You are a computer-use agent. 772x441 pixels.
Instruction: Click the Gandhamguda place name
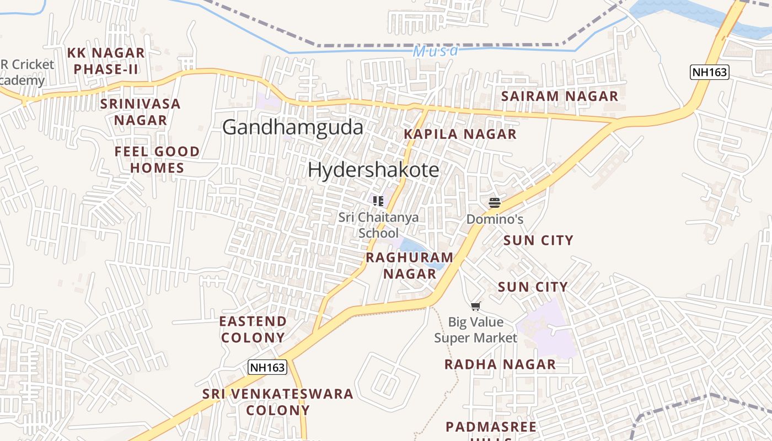tap(293, 127)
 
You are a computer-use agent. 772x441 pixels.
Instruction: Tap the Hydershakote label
tap(373, 170)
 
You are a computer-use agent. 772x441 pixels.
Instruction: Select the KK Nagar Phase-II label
tap(106, 61)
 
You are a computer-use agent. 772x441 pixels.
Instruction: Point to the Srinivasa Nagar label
tap(141, 112)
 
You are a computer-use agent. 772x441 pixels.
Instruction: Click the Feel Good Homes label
tap(157, 159)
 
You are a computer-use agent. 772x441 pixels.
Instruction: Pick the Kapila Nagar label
tap(460, 134)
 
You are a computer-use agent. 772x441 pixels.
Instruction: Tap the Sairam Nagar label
tap(560, 96)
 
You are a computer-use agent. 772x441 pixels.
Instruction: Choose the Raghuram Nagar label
tap(410, 265)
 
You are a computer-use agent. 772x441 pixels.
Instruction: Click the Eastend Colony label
tap(253, 329)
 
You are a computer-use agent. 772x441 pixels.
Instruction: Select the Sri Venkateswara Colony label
tap(278, 402)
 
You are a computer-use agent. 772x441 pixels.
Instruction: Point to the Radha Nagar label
tap(500, 364)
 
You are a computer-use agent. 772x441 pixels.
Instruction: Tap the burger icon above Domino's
tap(495, 202)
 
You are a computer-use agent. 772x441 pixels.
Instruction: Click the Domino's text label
tap(495, 219)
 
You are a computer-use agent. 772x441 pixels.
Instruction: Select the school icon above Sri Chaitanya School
tap(378, 201)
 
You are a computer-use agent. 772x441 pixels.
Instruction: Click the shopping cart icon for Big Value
tap(476, 306)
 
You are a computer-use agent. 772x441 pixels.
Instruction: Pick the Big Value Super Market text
tap(476, 330)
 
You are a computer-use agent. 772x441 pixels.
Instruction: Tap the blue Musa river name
tap(436, 51)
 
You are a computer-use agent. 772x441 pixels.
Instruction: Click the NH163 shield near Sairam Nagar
tap(710, 72)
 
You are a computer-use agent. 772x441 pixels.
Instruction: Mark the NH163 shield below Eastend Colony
tap(267, 367)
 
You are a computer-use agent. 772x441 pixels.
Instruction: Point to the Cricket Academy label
tap(25, 72)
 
